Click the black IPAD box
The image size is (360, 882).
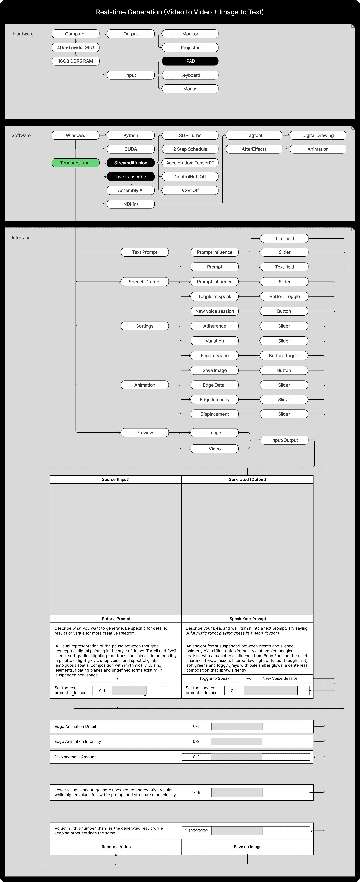point(190,61)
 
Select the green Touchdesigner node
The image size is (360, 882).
point(75,163)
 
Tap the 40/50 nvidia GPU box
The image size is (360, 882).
point(75,47)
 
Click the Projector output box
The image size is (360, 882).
point(190,47)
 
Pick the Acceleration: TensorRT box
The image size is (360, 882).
point(190,163)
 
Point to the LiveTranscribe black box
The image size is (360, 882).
point(130,176)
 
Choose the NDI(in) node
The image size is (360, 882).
point(130,204)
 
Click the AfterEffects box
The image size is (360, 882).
point(254,149)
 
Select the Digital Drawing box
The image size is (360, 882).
point(318,135)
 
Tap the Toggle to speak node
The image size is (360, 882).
point(214,297)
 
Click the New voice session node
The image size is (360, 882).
point(214,311)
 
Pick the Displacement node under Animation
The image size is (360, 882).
point(214,414)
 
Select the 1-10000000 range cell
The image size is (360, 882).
point(196,831)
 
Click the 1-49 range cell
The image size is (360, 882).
point(196,792)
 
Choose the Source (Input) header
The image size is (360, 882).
point(116,479)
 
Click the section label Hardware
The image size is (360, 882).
point(23,34)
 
